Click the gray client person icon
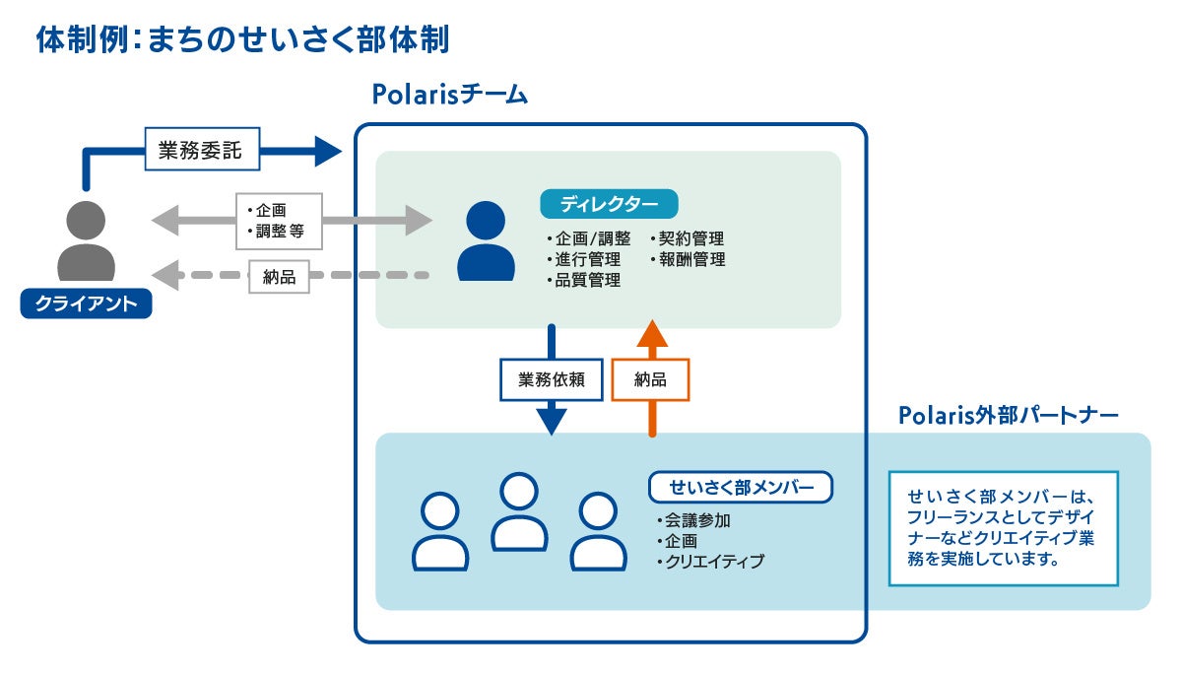pos(86,240)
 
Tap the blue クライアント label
pos(86,303)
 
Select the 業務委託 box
pos(202,149)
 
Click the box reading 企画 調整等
pos(279,221)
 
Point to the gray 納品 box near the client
pos(279,277)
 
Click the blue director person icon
pos(486,240)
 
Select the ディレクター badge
pos(609,204)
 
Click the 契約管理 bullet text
pos(687,238)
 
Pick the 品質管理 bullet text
pos(584,281)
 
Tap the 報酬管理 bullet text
pos(687,259)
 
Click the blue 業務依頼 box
pos(552,379)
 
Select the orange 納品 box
pos(650,379)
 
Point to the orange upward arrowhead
pos(652,333)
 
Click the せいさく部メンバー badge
pos(741,487)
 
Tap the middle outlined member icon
pos(519,511)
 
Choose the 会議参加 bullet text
pos(692,521)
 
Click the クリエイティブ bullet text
pos(709,562)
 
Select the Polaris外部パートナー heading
pos(1009,415)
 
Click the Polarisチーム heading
pos(450,95)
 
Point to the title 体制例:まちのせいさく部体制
pos(242,39)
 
